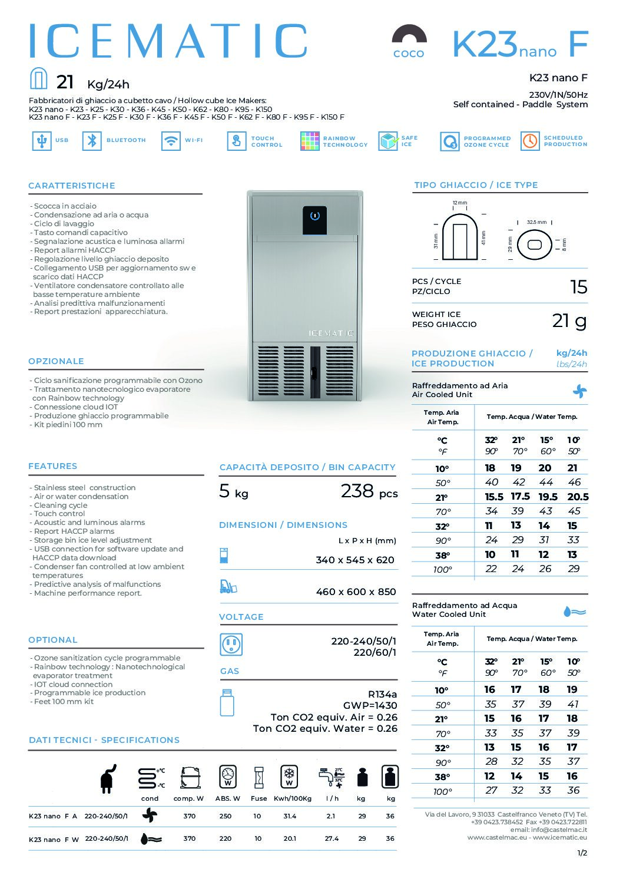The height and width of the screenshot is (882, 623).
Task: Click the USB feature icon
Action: click(x=41, y=141)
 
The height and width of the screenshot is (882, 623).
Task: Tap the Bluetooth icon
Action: click(x=92, y=141)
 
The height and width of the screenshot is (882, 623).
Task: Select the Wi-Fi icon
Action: click(x=171, y=141)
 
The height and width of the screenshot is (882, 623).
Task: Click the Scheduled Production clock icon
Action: click(x=530, y=141)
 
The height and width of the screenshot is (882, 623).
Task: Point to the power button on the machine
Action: click(x=315, y=216)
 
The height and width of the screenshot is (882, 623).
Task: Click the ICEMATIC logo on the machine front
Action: click(x=331, y=333)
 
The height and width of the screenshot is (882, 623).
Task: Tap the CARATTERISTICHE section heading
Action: click(x=72, y=186)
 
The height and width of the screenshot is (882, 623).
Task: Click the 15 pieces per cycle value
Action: click(x=579, y=287)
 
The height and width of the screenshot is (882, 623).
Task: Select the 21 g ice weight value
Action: click(x=569, y=321)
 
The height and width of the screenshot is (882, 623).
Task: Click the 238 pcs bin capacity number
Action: click(x=357, y=491)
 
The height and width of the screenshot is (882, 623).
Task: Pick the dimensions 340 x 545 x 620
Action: click(x=355, y=560)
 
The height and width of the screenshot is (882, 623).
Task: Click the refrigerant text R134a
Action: click(x=382, y=694)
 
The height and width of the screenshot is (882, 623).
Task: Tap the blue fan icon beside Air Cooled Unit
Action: click(x=580, y=391)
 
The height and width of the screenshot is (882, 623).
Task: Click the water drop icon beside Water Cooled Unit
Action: click(x=575, y=612)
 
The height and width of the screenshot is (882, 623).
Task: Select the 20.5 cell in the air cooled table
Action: click(x=578, y=497)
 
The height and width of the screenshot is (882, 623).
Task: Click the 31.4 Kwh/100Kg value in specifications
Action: click(x=290, y=816)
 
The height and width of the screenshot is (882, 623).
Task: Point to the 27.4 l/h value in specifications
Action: click(x=332, y=838)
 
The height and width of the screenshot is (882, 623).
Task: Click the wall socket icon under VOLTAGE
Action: click(x=231, y=645)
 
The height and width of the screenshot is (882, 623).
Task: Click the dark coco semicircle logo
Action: click(x=409, y=35)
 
